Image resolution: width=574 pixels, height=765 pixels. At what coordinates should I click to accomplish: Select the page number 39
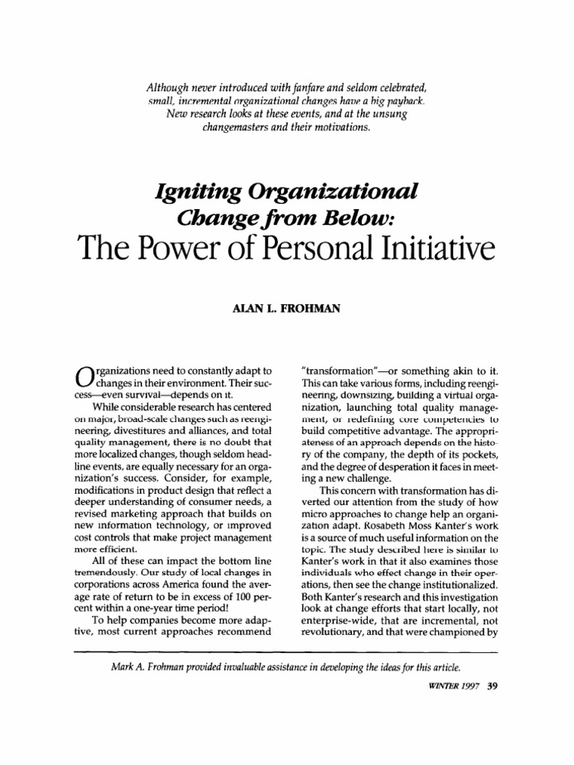click(492, 688)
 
